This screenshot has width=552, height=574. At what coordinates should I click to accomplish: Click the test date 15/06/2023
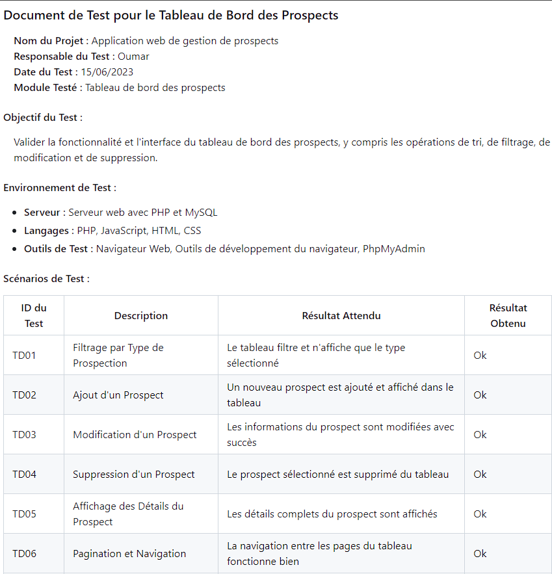tap(107, 72)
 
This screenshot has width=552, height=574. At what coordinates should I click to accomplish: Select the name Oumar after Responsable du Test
tap(133, 57)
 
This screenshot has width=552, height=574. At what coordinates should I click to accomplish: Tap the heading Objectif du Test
tap(43, 118)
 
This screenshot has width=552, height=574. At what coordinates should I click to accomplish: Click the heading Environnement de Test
tap(60, 188)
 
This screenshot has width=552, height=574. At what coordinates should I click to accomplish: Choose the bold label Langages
tap(47, 231)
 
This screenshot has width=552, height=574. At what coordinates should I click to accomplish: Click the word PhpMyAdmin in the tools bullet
tap(394, 249)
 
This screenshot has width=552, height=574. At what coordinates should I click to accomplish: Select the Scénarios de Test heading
tap(46, 279)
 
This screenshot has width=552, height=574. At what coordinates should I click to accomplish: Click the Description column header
tap(141, 316)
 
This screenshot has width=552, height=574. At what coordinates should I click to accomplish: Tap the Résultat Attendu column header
tap(341, 316)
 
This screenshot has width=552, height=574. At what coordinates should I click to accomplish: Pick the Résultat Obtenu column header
tap(508, 315)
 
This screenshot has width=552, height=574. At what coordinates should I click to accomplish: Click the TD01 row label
tap(24, 356)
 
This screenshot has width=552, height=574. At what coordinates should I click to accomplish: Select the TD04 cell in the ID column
tap(24, 475)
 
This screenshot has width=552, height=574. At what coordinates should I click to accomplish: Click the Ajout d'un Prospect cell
tap(118, 395)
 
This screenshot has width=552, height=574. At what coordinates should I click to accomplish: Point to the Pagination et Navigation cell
tap(129, 554)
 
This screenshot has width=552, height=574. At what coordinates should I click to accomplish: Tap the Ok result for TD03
tap(480, 435)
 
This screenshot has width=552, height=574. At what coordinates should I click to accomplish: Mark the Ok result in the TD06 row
tap(480, 554)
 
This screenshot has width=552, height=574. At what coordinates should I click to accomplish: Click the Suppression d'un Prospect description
tap(134, 475)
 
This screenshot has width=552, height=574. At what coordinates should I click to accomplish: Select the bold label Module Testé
tap(47, 88)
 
